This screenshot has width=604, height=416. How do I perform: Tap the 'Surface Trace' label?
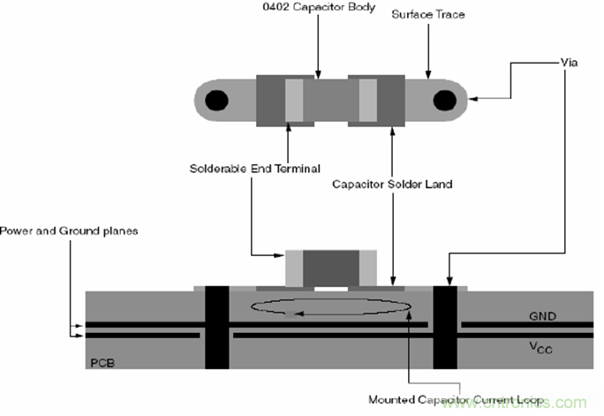tap(428, 14)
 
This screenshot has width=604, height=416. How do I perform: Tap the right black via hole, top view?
tap(444, 101)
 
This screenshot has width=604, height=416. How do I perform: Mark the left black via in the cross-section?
tap(216, 327)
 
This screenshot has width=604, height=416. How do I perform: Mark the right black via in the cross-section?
tap(445, 327)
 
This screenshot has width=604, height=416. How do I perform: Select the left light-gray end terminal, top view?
tap(294, 101)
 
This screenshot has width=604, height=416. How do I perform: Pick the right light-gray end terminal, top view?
tap(367, 101)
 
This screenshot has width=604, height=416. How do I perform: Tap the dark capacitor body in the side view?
tap(331, 267)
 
